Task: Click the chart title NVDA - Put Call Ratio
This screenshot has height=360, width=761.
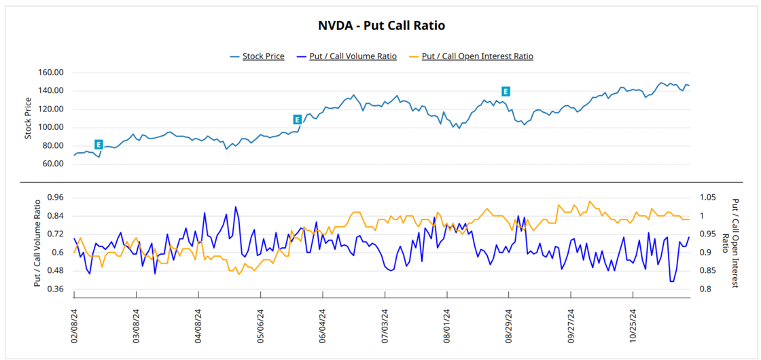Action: coord(381,26)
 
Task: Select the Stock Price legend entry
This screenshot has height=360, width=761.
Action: coord(263,56)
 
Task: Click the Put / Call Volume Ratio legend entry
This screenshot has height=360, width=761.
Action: coord(353,56)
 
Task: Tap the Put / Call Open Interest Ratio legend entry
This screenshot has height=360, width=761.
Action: coord(477,56)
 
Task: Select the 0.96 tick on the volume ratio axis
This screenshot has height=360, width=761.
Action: coord(54,198)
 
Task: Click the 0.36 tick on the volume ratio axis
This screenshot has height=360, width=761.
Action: coord(54,289)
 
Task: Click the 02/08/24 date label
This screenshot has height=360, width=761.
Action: coord(74,325)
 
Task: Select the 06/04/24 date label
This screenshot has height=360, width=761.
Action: coord(323,325)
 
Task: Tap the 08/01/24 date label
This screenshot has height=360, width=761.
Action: coord(447,325)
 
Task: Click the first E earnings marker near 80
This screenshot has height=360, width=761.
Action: coord(99,145)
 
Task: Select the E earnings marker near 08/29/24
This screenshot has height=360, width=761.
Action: coord(506,91)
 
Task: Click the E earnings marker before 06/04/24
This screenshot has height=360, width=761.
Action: coord(297,120)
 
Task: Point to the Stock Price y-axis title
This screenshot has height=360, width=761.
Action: coord(29,118)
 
